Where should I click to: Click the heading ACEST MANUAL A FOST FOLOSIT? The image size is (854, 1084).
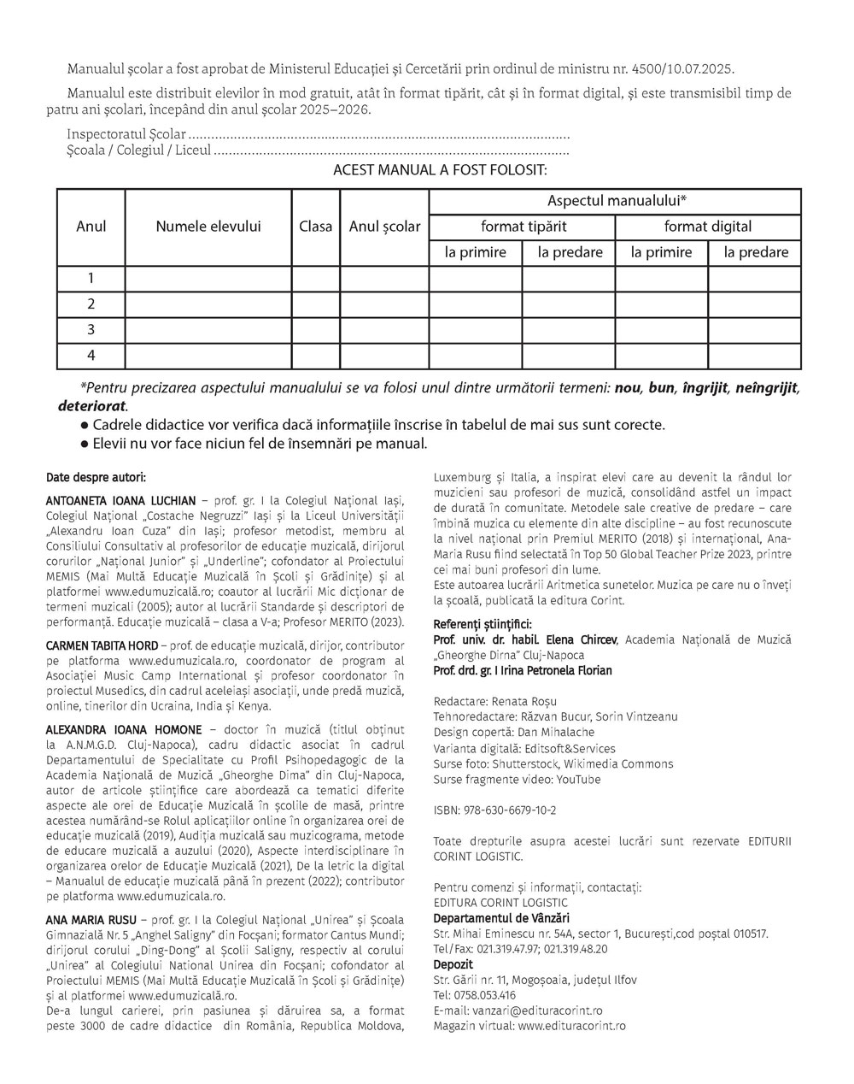[440, 169]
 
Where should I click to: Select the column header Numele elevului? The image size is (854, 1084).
[208, 227]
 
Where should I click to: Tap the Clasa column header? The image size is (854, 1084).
[316, 227]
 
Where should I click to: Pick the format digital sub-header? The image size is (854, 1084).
[708, 227]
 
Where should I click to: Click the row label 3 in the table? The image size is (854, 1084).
[91, 330]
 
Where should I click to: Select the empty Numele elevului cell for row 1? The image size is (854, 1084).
[208, 279]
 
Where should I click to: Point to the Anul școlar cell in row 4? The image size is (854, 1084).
[384, 356]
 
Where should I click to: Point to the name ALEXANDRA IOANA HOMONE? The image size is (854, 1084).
[124, 729]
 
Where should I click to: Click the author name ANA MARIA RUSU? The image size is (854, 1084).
[85, 919]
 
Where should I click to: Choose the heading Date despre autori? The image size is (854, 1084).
[96, 476]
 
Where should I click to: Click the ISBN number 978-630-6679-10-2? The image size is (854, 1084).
[509, 810]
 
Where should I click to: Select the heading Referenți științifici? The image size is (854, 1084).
[483, 623]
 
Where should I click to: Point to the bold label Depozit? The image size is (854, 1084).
[453, 963]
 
